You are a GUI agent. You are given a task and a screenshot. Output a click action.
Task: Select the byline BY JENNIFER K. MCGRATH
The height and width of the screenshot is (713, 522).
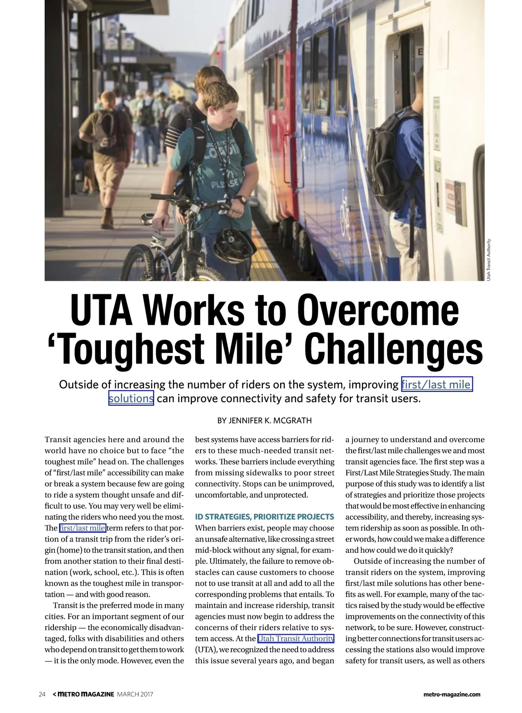(264, 420)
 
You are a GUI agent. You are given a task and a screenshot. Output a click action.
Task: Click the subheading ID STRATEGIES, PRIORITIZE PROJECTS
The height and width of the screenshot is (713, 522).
(264, 517)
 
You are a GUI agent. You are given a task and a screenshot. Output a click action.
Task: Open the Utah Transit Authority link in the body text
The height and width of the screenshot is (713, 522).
(296, 639)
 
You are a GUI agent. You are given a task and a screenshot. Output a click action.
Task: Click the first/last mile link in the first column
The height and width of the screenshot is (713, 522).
(82, 528)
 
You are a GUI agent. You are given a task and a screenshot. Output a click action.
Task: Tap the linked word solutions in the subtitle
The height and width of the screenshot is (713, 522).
(131, 398)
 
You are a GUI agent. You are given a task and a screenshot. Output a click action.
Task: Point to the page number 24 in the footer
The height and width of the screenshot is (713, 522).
(42, 694)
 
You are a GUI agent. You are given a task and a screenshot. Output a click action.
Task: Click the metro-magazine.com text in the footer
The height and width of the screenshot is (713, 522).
(452, 694)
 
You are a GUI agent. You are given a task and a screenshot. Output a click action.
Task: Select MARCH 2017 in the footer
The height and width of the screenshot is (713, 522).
(135, 694)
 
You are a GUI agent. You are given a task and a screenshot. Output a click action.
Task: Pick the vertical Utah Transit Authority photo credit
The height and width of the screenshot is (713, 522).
(489, 259)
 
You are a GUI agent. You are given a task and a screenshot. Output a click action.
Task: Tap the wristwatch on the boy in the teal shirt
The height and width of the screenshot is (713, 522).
(241, 200)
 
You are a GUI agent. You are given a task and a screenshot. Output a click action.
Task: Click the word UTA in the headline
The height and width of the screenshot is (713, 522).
(101, 310)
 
